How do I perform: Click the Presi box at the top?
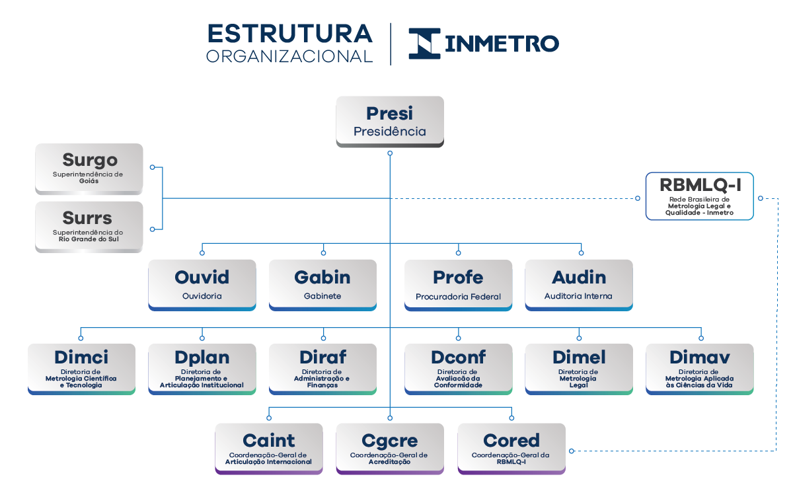(x=389, y=122)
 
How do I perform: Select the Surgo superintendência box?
(x=89, y=169)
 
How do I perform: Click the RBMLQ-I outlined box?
(x=699, y=196)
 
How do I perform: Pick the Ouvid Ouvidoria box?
(x=202, y=285)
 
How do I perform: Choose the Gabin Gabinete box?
(x=322, y=285)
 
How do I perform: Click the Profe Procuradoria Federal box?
(x=458, y=285)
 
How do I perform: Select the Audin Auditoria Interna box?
(x=579, y=285)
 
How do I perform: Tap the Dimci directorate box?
(x=81, y=369)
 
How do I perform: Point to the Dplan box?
(x=202, y=369)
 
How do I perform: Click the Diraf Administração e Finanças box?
(x=322, y=369)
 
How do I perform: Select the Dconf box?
(x=458, y=369)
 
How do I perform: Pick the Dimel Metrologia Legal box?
(x=579, y=369)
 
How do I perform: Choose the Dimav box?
(x=699, y=369)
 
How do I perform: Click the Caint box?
(x=269, y=449)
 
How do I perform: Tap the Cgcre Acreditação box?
(x=389, y=449)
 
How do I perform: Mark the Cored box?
(x=511, y=449)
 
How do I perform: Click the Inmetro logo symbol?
(x=424, y=44)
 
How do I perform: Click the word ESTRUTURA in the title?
(x=290, y=34)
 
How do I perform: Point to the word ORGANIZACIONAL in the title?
(x=290, y=56)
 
